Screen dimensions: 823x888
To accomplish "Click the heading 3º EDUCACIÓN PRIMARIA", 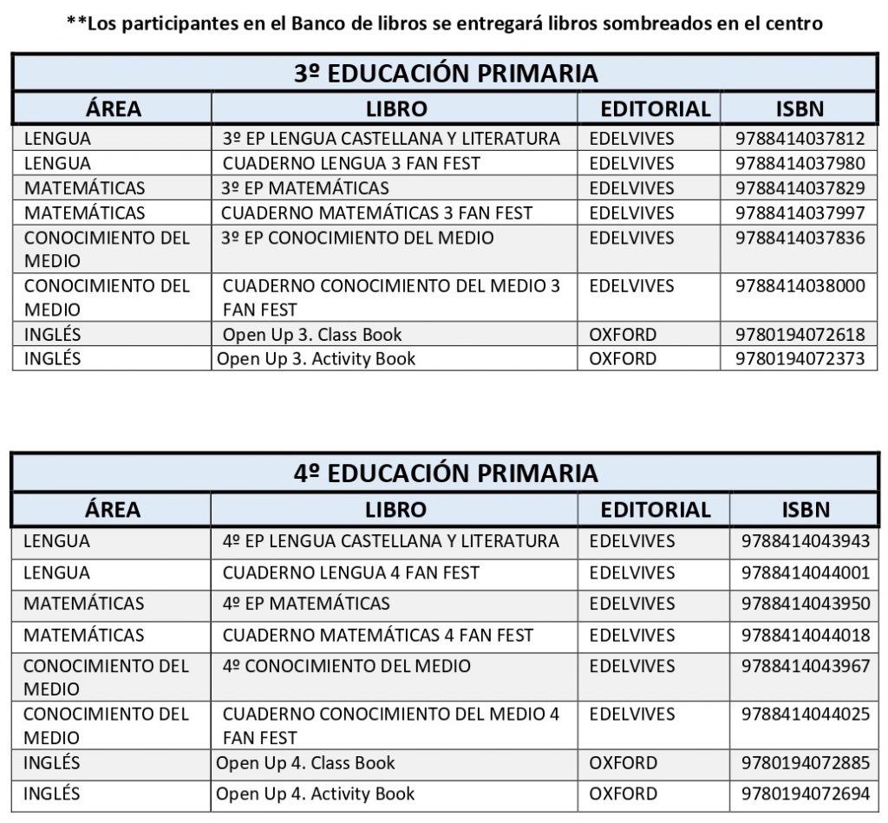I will coord(446,73).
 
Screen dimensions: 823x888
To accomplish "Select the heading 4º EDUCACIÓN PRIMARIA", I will coord(446,473).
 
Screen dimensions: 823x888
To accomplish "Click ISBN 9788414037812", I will coord(800,138).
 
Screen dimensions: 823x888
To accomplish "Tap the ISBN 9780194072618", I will coord(800,335).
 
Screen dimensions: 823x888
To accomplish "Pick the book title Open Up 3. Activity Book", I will coord(316,358).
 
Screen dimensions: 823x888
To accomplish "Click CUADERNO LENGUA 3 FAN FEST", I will coord(351,163).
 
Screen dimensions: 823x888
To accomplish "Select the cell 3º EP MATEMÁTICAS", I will coord(305,188).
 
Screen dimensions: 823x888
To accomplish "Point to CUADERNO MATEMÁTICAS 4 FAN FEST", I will coord(378,635).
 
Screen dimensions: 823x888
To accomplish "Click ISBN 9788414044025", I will coord(806,715).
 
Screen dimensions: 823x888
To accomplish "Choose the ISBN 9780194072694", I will coord(806,794).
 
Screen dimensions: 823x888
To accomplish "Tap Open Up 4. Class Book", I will coord(305,763).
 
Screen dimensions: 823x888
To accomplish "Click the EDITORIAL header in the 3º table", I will coord(656,109).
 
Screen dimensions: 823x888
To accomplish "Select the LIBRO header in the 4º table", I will coord(395,510).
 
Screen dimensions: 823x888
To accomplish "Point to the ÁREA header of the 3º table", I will coord(113,109).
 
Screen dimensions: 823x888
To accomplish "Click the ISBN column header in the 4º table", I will coord(806,510).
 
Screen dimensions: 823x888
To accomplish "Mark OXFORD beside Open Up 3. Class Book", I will coord(623,335).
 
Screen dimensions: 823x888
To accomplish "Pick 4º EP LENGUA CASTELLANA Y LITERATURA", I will coord(390,541).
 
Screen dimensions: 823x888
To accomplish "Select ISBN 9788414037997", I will coord(800,212).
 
